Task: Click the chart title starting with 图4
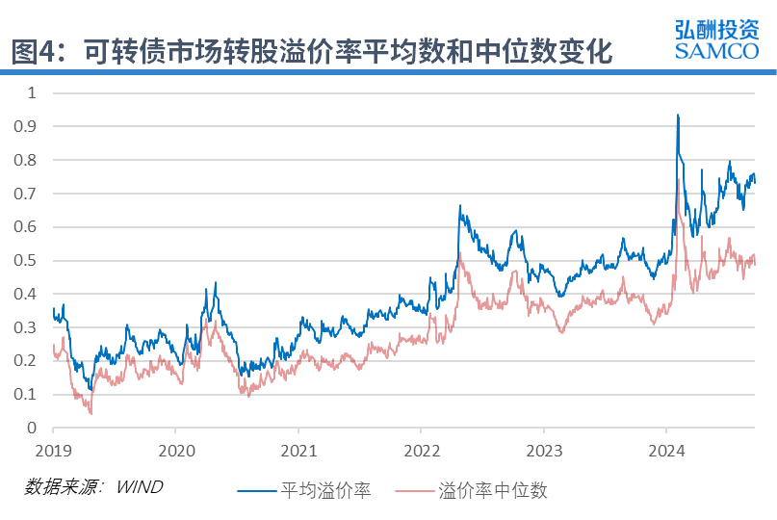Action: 312,51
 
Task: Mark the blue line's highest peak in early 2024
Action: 678,115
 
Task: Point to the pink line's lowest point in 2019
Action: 91,413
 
